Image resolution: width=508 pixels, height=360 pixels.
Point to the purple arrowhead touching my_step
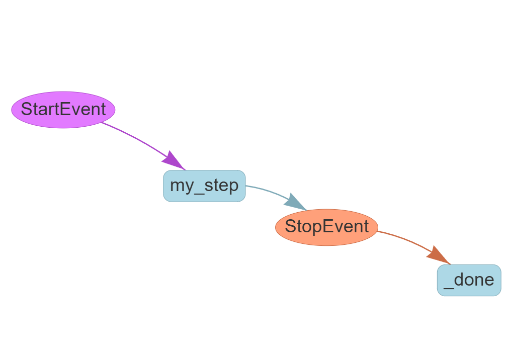[x=172, y=159]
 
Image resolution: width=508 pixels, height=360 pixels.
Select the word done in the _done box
[x=474, y=280]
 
